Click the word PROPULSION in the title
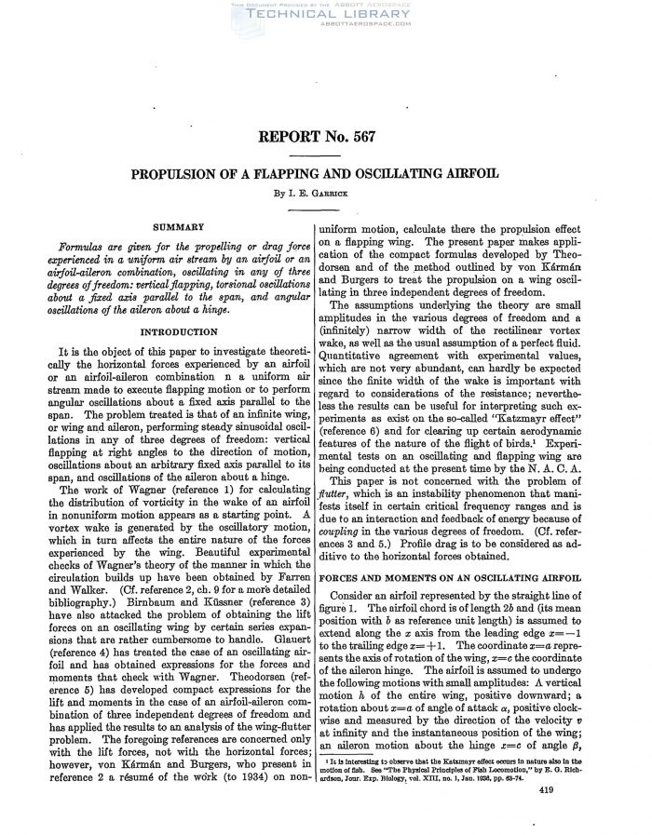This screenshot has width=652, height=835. coord(187,173)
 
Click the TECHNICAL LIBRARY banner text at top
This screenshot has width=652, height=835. coord(325,16)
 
